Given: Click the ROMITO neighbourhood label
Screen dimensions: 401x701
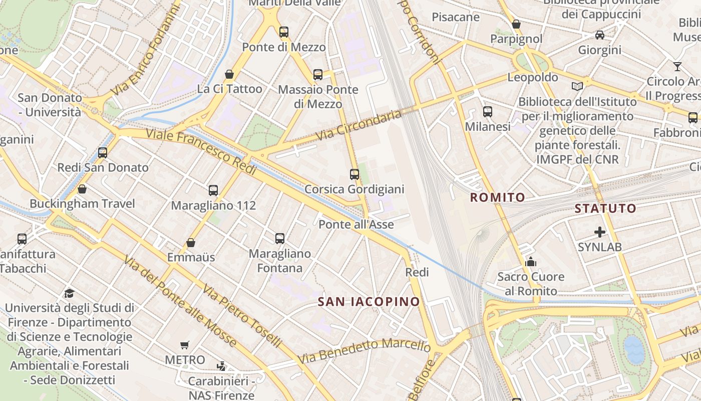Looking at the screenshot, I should pos(498,197).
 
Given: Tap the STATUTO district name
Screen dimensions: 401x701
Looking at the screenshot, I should pos(605,209).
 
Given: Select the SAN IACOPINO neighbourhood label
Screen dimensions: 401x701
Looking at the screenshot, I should pos(369,302).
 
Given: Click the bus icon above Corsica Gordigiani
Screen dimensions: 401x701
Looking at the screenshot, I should pos(355,174).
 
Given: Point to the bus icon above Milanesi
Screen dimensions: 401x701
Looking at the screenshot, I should pos(488,112).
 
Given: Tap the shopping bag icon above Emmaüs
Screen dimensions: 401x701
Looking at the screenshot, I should pos(191,243).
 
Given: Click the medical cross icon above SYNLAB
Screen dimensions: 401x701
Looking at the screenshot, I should pos(599,232).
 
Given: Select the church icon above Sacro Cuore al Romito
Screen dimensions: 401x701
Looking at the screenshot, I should pos(531,262).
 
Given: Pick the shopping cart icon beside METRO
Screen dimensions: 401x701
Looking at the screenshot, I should pos(185,345).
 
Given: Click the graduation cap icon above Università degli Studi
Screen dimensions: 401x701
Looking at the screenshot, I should pos(70,293).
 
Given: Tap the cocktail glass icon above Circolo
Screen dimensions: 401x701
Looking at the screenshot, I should pos(677,66).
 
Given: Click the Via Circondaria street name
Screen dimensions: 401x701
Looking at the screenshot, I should pos(359,125).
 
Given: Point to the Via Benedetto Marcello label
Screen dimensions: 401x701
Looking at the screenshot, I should pos(364,351).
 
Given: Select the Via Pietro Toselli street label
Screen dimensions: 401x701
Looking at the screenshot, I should pos(242,316).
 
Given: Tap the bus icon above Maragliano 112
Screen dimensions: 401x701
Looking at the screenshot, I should pos(213,190).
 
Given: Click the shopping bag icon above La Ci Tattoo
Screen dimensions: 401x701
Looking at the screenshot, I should pos(229,75).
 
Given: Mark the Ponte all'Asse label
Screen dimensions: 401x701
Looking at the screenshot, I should pos(356,225).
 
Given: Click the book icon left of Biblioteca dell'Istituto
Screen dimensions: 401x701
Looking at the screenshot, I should pos(577,86).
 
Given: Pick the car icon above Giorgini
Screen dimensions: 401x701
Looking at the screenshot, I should pos(599,35).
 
